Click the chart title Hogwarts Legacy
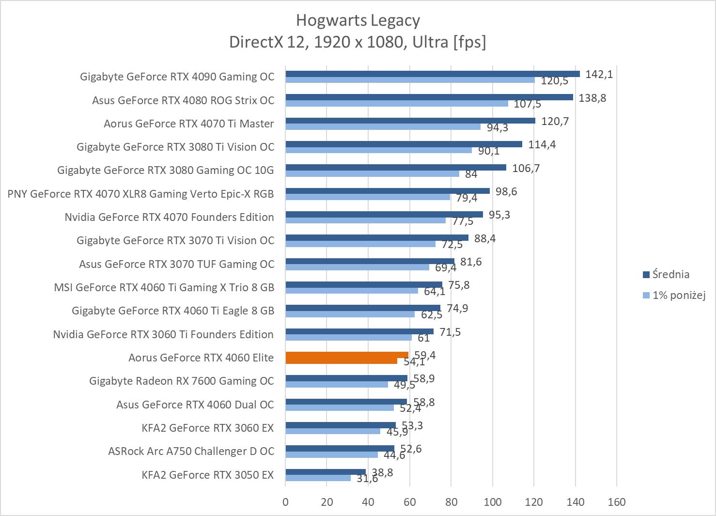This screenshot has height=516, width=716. [x=358, y=20]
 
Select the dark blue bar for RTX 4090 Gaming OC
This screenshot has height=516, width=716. [x=432, y=74]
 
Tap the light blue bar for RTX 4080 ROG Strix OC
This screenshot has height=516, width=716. [x=396, y=104]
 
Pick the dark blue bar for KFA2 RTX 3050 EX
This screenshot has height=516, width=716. [x=325, y=472]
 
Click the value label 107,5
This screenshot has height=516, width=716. [x=527, y=104]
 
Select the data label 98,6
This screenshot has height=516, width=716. [x=506, y=191]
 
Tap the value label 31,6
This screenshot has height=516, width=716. [x=367, y=479]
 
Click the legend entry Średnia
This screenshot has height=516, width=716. [x=670, y=274]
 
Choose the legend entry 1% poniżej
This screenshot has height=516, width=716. [x=678, y=295]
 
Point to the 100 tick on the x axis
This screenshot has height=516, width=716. [x=493, y=502]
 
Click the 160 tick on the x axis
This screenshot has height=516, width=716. [x=617, y=502]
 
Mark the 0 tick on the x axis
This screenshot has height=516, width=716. [x=285, y=502]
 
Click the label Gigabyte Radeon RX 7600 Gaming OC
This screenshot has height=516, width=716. [x=182, y=381]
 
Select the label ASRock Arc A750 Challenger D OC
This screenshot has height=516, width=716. [x=191, y=451]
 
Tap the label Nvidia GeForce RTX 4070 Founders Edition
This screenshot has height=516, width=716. [x=169, y=217]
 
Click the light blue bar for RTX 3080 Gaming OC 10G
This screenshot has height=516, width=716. [x=372, y=173]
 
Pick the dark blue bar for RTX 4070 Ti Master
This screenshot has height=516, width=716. [x=410, y=121]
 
